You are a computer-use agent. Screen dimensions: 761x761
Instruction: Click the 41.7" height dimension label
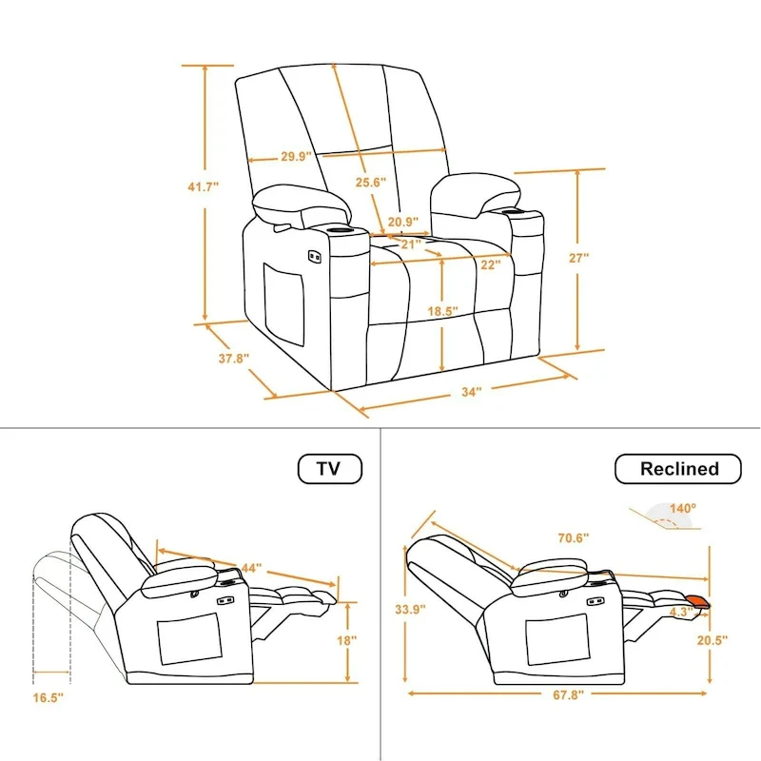click(x=203, y=187)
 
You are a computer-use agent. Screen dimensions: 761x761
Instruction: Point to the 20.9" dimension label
click(x=403, y=223)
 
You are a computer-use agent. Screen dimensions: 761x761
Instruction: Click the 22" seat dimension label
click(x=490, y=265)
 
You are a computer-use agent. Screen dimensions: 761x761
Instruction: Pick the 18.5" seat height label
click(x=443, y=311)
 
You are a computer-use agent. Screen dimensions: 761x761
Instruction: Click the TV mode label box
click(x=329, y=468)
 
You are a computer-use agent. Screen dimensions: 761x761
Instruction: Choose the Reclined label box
click(x=678, y=468)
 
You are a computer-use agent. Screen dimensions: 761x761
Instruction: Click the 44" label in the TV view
click(x=251, y=568)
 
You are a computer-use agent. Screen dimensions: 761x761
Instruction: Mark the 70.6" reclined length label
click(x=574, y=538)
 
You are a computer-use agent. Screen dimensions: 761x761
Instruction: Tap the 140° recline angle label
click(x=681, y=509)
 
